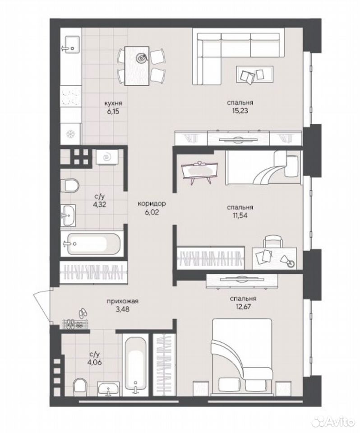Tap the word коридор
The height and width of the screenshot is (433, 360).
[x=152, y=204]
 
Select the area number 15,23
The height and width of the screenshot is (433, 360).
[x=240, y=111]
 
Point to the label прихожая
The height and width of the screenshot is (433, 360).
[x=122, y=301]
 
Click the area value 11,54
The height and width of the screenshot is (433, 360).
[x=240, y=215]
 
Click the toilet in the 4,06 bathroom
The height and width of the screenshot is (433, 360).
[x=80, y=387]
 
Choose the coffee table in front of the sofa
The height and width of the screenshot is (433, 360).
[x=255, y=74]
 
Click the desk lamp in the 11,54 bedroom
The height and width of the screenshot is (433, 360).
[x=287, y=261]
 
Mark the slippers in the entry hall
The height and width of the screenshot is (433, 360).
[x=83, y=312]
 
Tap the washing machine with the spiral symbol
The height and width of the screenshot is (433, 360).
[x=107, y=157]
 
